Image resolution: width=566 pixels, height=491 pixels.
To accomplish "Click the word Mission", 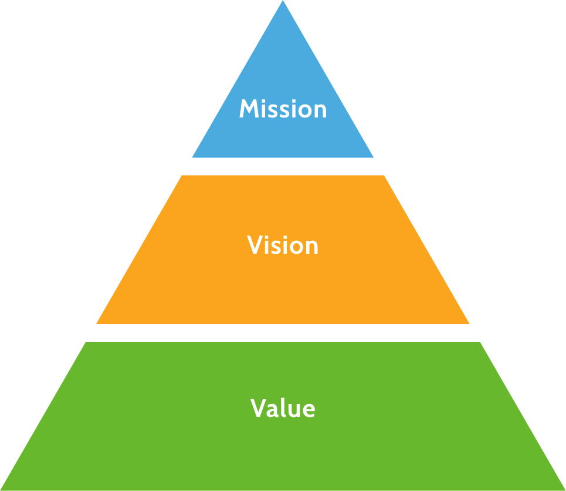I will pyautogui.click(x=283, y=109).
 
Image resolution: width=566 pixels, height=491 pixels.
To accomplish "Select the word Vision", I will pyautogui.click(x=283, y=245).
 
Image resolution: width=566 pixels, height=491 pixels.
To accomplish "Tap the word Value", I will pyautogui.click(x=283, y=408).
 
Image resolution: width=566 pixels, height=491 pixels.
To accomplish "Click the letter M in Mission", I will pyautogui.click(x=249, y=109).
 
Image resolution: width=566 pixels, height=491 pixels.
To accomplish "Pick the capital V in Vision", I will pyautogui.click(x=255, y=245).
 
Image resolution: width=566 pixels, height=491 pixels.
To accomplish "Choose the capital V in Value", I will pyautogui.click(x=259, y=408).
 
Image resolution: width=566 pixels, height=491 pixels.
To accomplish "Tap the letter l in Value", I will pyautogui.click(x=283, y=408).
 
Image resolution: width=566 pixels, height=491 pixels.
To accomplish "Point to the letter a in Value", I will pyautogui.click(x=273, y=410).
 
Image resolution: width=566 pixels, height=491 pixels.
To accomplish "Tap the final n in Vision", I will pyautogui.click(x=311, y=247).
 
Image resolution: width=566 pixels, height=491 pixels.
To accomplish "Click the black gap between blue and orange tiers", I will pyautogui.click(x=283, y=166).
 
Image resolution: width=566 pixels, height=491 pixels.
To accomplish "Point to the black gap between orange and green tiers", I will pyautogui.click(x=283, y=332).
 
